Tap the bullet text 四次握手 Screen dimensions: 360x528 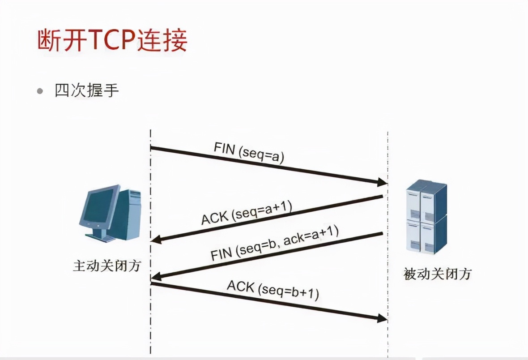[x=87, y=91]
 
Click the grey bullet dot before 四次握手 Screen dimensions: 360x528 [x=41, y=91]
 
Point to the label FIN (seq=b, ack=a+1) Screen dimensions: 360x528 [x=275, y=245]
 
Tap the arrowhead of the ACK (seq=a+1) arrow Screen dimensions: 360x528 [x=157, y=240]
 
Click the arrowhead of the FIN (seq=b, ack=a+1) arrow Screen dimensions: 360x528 [x=157, y=277]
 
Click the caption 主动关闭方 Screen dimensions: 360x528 [x=107, y=266]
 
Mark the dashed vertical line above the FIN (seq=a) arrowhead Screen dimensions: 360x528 [x=387, y=152]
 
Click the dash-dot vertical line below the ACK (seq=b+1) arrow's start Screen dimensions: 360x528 [x=151, y=322]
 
